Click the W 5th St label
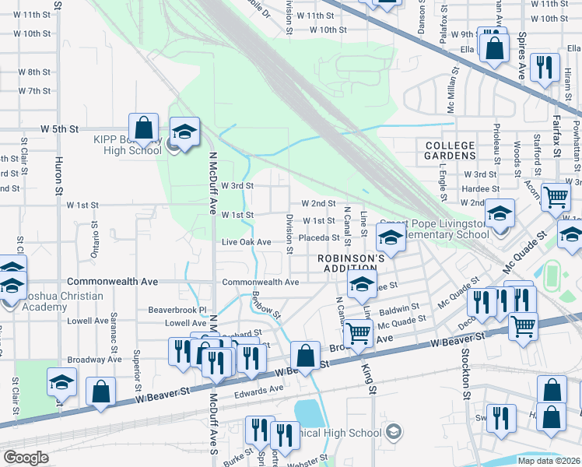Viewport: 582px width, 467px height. (x=60, y=128)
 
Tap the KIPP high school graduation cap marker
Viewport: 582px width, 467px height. (x=185, y=132)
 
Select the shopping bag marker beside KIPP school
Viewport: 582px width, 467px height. (x=144, y=128)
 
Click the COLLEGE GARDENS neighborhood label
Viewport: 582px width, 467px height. (x=451, y=150)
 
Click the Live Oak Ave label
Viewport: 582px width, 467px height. (x=246, y=242)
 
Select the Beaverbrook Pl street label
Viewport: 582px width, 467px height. (x=176, y=310)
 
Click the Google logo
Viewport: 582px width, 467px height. (x=26, y=457)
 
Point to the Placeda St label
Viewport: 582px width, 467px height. (x=320, y=238)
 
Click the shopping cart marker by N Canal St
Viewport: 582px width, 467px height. (x=358, y=335)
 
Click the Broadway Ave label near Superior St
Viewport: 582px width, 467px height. (x=95, y=360)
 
